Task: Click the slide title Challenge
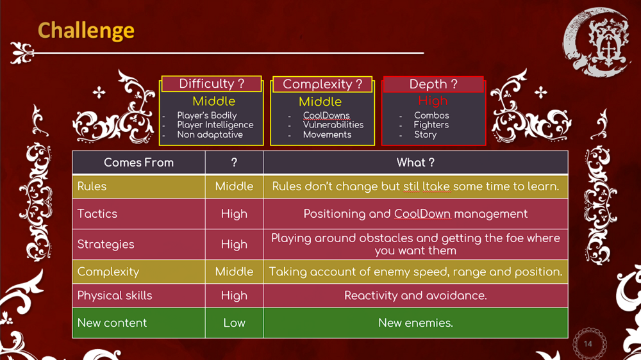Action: click(x=86, y=31)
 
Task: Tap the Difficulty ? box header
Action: click(x=212, y=84)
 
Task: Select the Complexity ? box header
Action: click(x=322, y=84)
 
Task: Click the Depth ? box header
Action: click(x=433, y=84)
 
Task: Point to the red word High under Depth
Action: click(x=433, y=101)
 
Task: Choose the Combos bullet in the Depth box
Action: click(x=431, y=116)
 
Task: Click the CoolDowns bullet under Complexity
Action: click(x=326, y=116)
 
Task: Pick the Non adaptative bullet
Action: click(x=210, y=135)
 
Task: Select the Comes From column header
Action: click(x=138, y=163)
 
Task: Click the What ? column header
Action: click(x=415, y=163)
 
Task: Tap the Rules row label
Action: click(x=92, y=186)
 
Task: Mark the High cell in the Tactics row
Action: click(x=234, y=214)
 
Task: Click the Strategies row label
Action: click(x=106, y=244)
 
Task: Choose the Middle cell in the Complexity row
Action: click(x=234, y=272)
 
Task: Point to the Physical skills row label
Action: click(x=115, y=295)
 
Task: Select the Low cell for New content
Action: click(x=234, y=323)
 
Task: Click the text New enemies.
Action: click(x=415, y=323)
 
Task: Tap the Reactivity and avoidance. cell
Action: click(x=415, y=295)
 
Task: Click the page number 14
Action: click(x=588, y=344)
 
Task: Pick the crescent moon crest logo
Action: click(x=597, y=42)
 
